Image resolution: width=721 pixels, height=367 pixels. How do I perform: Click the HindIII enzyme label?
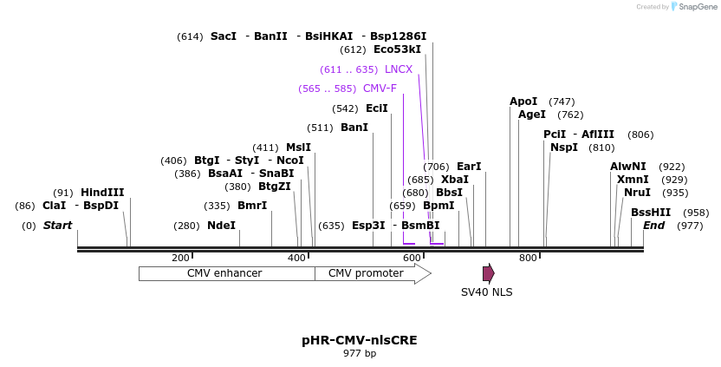pyautogui.click(x=102, y=192)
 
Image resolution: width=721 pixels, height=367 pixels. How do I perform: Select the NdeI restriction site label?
pyautogui.click(x=221, y=225)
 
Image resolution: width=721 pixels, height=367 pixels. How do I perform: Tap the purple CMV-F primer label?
pyautogui.click(x=380, y=88)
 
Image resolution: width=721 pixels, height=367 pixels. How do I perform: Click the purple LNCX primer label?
pyautogui.click(x=399, y=69)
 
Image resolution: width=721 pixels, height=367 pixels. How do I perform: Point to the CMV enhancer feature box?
pyautogui.click(x=224, y=273)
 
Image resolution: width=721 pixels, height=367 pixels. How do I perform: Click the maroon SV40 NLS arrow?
pyautogui.click(x=488, y=273)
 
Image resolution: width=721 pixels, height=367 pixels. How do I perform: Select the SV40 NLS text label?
pyautogui.click(x=486, y=292)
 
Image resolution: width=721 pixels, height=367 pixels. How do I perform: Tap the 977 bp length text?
pyautogui.click(x=360, y=353)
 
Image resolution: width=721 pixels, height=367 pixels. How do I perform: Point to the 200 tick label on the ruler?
pyautogui.click(x=180, y=258)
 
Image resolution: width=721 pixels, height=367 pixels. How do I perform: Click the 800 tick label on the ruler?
pyautogui.click(x=527, y=258)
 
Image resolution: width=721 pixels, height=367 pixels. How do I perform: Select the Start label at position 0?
pyautogui.click(x=57, y=225)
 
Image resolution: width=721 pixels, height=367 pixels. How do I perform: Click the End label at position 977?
pyautogui.click(x=654, y=225)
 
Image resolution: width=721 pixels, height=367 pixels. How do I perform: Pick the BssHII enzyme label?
pyautogui.click(x=650, y=212)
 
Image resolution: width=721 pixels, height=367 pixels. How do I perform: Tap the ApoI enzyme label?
pyautogui.click(x=523, y=101)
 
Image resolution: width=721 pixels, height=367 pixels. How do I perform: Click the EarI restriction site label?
pyautogui.click(x=469, y=166)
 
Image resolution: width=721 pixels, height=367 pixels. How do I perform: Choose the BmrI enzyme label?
pyautogui.click(x=252, y=206)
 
